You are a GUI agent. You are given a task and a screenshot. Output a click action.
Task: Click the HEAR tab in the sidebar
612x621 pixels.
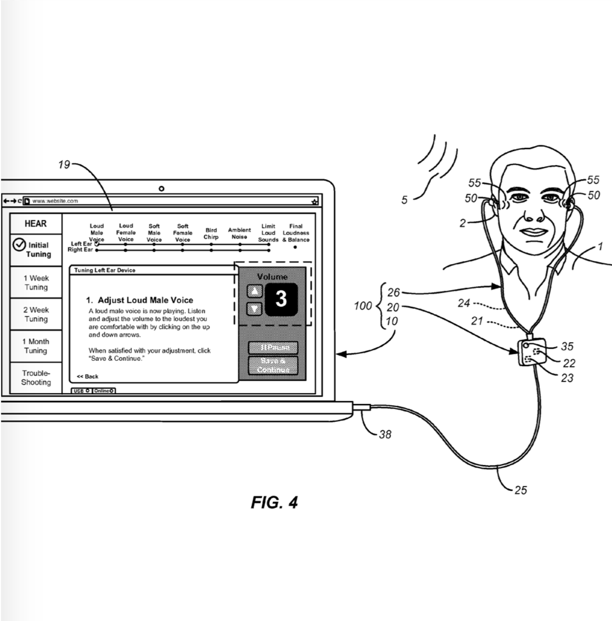[x=35, y=224]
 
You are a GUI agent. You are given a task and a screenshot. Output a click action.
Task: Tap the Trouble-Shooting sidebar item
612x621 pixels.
[x=36, y=378]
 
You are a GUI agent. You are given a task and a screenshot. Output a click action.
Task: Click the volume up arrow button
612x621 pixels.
[x=255, y=290]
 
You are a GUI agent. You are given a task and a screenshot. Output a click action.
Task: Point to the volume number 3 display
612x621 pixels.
[x=281, y=299]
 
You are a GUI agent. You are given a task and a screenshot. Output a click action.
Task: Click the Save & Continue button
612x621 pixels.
[x=273, y=366]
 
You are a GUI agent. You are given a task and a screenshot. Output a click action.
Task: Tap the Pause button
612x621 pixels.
[x=273, y=348]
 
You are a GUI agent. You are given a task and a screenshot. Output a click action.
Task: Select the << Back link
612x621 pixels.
[x=87, y=377]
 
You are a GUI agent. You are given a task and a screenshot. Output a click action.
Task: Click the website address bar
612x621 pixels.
[x=165, y=201]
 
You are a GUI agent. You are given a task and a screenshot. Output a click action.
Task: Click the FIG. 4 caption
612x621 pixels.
[x=274, y=502]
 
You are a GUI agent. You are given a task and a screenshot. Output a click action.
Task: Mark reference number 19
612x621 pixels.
[x=63, y=164]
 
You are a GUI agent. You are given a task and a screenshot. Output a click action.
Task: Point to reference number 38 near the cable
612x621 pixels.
[x=385, y=435]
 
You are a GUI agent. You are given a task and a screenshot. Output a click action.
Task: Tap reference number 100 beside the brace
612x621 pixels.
[x=363, y=306]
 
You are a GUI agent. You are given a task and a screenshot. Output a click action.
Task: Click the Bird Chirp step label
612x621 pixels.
[x=211, y=233]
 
